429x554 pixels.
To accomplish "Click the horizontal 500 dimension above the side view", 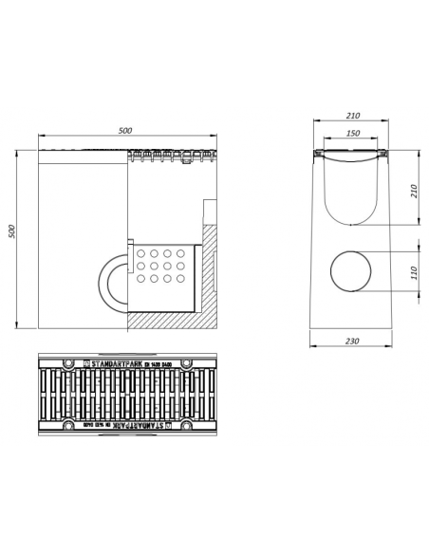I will tap(126, 131).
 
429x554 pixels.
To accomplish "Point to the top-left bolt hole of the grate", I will tap(68, 363).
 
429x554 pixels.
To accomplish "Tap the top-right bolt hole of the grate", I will tap(187, 363).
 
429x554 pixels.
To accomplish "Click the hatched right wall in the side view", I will tap(214, 275).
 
